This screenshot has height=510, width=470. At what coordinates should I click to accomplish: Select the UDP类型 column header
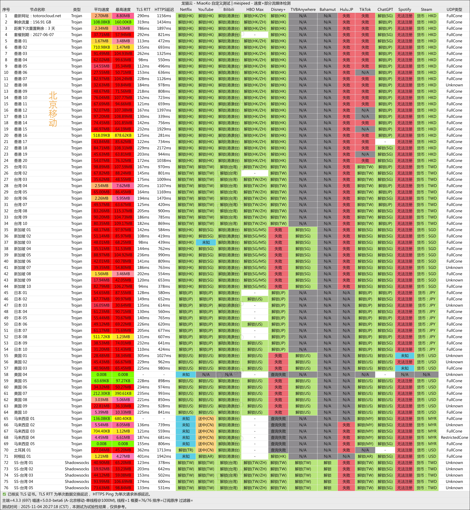454,9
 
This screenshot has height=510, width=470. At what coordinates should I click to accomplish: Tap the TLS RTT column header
143,9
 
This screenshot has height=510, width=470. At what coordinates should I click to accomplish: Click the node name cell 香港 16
21,135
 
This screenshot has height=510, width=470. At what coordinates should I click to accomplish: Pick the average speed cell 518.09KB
101,135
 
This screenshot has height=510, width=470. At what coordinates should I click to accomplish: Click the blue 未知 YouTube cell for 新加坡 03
206,242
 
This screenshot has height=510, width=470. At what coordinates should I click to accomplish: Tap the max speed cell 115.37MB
123,211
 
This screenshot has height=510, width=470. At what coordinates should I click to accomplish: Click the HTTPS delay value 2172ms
164,148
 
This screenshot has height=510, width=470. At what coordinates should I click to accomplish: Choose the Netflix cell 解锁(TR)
186,450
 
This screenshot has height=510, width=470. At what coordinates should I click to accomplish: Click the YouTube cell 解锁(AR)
206,456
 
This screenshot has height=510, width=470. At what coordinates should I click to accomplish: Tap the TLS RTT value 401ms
143,456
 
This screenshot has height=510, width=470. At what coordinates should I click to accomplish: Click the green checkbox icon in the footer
4,494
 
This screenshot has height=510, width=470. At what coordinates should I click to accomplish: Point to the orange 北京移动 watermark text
53,109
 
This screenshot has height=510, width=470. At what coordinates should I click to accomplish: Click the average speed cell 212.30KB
101,393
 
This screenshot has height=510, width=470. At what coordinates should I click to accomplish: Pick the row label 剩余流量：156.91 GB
33,22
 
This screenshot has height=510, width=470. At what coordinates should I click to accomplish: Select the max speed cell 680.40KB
123,418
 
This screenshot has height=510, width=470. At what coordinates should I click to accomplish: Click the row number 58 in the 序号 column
6,374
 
